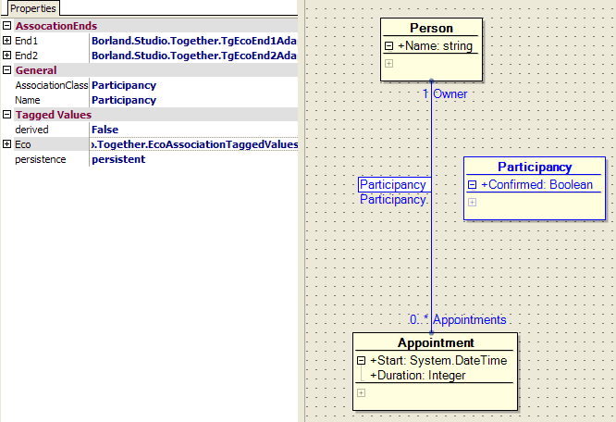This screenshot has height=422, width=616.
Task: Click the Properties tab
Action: pyautogui.click(x=32, y=8)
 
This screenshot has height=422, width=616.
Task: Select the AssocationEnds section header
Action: pyautogui.click(x=55, y=26)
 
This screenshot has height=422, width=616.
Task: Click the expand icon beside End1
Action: pyautogui.click(x=7, y=41)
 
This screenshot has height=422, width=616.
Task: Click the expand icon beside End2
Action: pyautogui.click(x=7, y=56)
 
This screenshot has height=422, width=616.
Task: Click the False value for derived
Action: pyautogui.click(x=105, y=130)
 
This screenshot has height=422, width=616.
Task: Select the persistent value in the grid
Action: pyautogui.click(x=118, y=159)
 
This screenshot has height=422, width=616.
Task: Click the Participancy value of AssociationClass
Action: pyautogui.click(x=124, y=85)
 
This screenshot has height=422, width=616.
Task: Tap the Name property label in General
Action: pyautogui.click(x=28, y=100)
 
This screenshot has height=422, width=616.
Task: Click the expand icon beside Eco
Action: pyautogui.click(x=7, y=144)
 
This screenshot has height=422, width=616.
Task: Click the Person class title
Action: pyautogui.click(x=431, y=28)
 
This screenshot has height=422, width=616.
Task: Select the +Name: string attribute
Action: pyautogui.click(x=435, y=46)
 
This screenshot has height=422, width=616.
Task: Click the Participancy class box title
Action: pyautogui.click(x=535, y=168)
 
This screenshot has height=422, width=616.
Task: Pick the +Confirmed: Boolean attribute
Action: pyautogui.click(x=541, y=185)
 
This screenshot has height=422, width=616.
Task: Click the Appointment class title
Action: pyautogui.click(x=436, y=343)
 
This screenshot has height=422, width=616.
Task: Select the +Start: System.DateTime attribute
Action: pyautogui.click(x=438, y=361)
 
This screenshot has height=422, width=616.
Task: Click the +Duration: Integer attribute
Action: pyautogui.click(x=417, y=376)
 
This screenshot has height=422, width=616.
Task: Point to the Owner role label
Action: pyautogui.click(x=450, y=94)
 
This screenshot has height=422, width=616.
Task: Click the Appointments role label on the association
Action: pyautogui.click(x=469, y=320)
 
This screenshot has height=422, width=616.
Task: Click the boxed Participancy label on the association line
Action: pyautogui.click(x=393, y=185)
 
